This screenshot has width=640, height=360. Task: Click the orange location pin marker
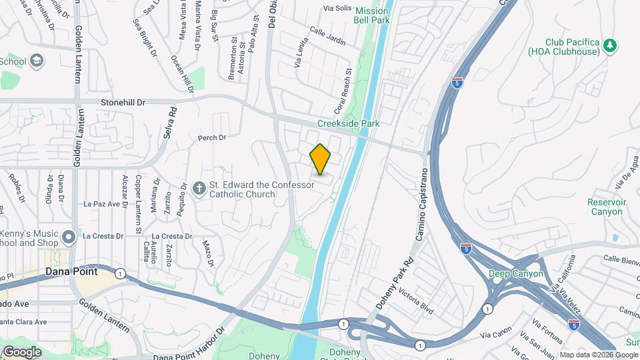pyautogui.click(x=321, y=159)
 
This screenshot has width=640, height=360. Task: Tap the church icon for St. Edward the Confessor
pyautogui.click(x=199, y=189)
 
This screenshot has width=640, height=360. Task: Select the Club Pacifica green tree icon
pyautogui.click(x=609, y=45)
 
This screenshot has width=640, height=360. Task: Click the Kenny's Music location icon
pyautogui.click(x=68, y=237)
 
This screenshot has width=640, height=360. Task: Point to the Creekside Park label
pyautogui.click(x=348, y=123)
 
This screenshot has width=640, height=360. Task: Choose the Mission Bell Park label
pyautogui.click(x=371, y=15)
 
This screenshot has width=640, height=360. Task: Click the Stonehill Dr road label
pyautogui.click(x=122, y=103)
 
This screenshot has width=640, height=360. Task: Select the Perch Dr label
pyautogui.click(x=212, y=138)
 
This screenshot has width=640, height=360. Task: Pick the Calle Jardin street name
pyautogui.click(x=327, y=36)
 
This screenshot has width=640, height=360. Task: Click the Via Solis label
pyautogui.click(x=337, y=8)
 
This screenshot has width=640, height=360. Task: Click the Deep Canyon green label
pyautogui.click(x=515, y=273)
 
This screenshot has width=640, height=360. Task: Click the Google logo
pyautogui.click(x=21, y=351)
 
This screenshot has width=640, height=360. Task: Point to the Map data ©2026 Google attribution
pyautogui.click(x=598, y=355)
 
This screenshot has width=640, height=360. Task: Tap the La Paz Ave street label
pyautogui.click(x=102, y=204)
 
